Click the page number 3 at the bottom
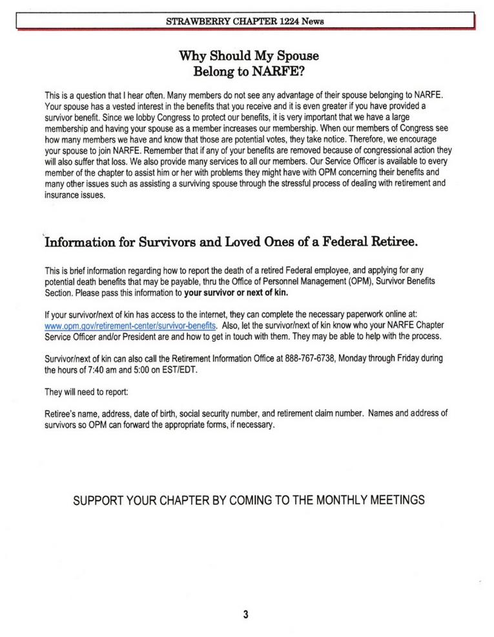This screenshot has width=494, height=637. coord(246,614)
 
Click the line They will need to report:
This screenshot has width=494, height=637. coord(83,391)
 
